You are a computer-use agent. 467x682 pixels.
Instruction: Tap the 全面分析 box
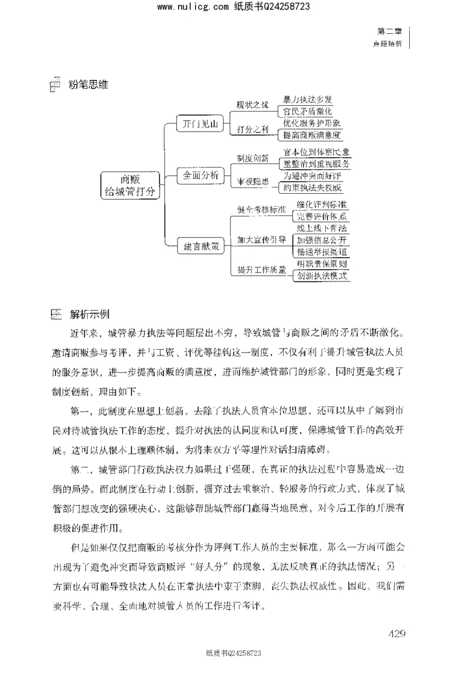coord(200,175)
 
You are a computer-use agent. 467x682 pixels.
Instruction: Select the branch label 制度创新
coord(253,158)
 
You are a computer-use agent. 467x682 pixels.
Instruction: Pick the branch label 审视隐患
coord(253,182)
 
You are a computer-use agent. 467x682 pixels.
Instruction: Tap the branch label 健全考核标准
coord(262,209)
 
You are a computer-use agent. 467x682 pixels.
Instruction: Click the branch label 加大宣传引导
coord(262,239)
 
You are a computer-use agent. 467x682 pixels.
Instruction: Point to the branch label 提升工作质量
coord(262,270)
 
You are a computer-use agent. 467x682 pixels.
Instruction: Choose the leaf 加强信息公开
coord(322,240)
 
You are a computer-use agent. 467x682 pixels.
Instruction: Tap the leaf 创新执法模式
coord(322,276)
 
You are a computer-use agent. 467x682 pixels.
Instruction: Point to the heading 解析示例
coord(89,315)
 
